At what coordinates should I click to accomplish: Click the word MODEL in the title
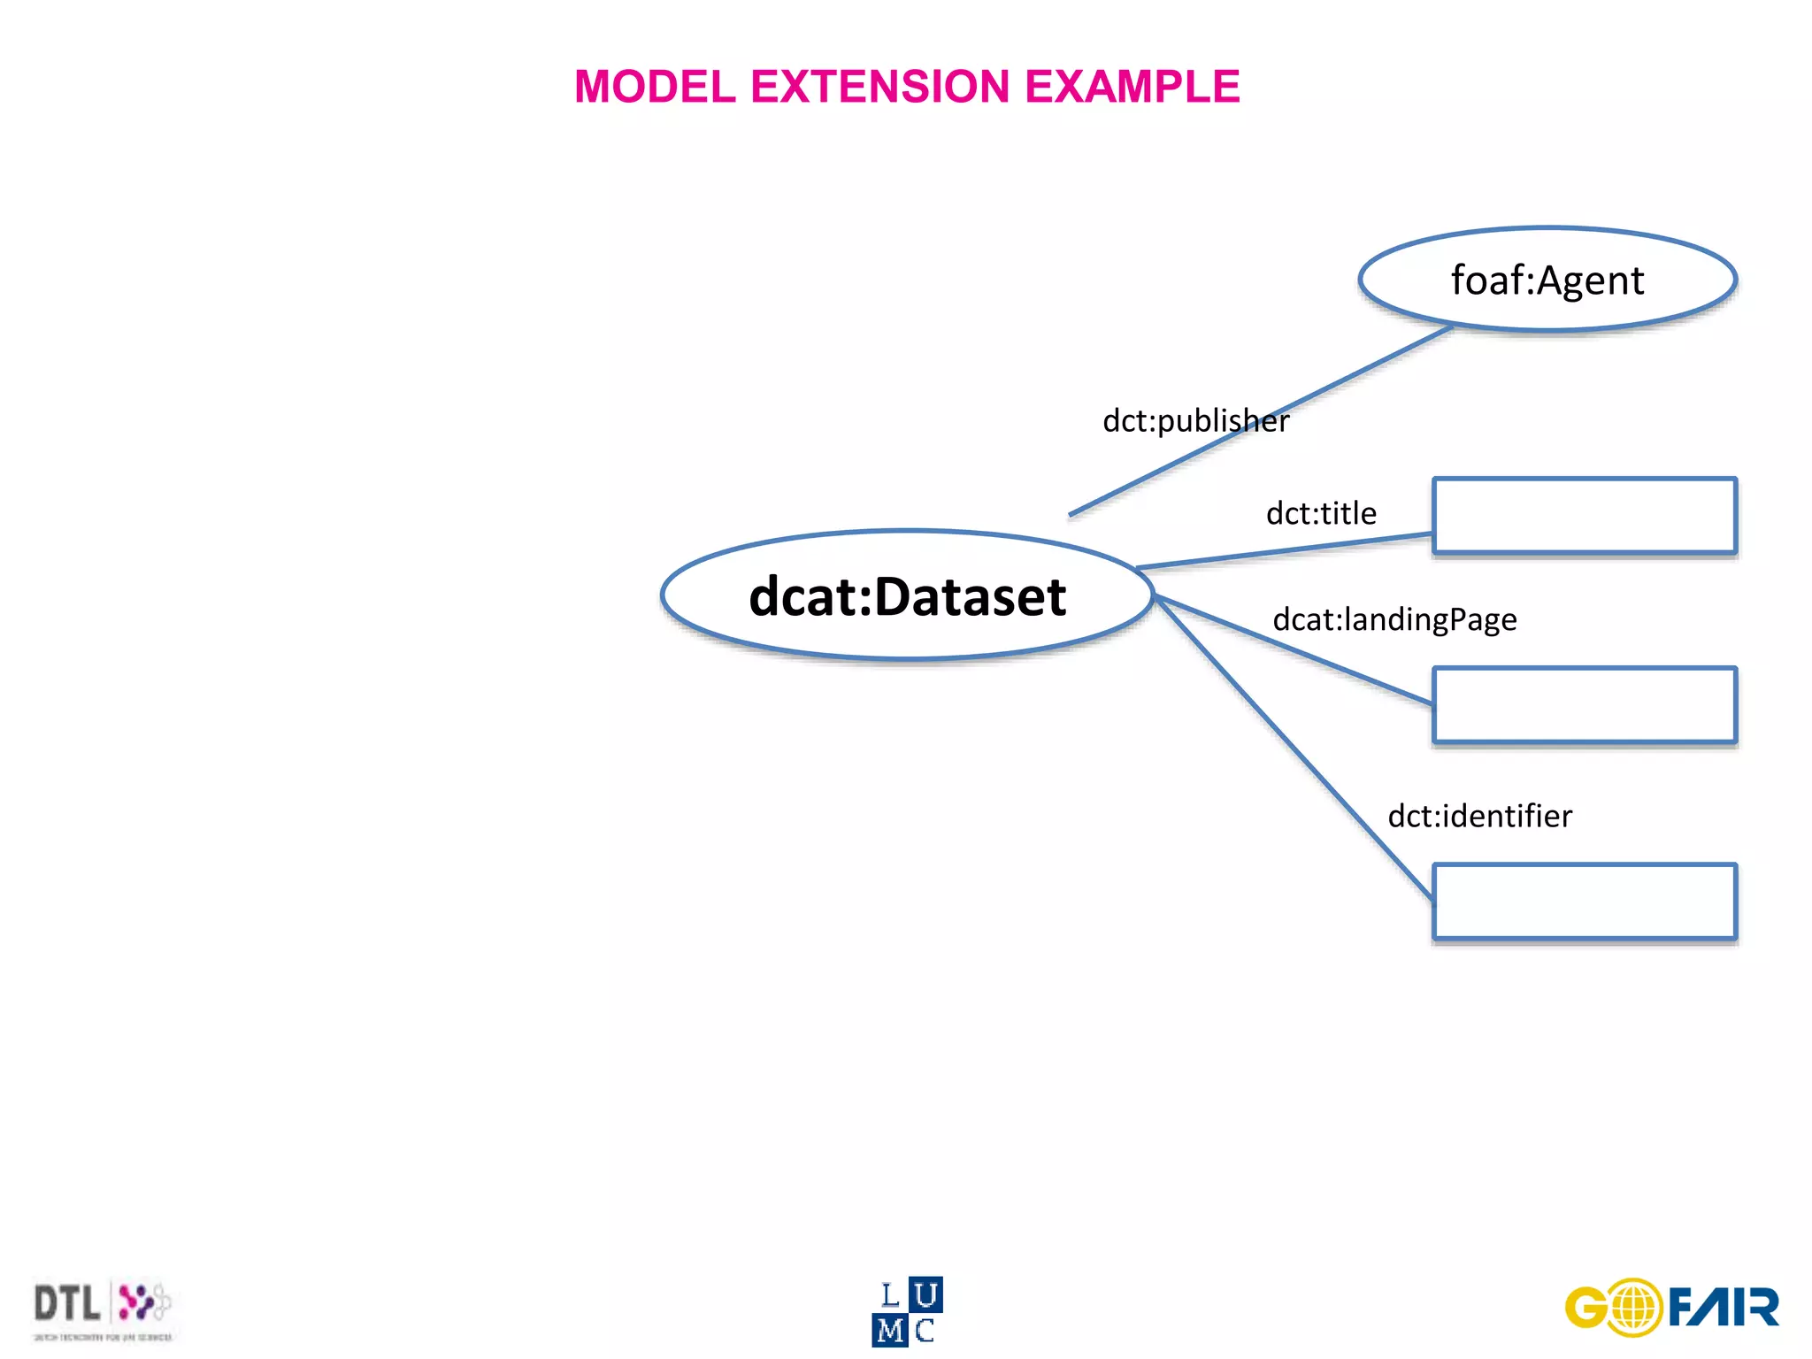(655, 88)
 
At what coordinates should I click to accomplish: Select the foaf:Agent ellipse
(1547, 280)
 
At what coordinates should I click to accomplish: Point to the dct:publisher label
(1195, 421)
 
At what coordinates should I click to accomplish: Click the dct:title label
(1321, 514)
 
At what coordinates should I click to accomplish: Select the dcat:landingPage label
(1394, 619)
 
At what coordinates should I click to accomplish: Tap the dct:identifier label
(1479, 816)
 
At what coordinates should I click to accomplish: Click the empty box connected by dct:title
(1584, 516)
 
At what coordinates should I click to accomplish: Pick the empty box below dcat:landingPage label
(1584, 705)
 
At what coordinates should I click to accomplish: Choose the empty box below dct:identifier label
(1584, 902)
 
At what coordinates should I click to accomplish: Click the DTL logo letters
(66, 1304)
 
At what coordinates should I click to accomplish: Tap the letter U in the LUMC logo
(925, 1295)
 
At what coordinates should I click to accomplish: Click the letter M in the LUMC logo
(890, 1331)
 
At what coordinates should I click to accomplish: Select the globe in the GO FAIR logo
(1635, 1308)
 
